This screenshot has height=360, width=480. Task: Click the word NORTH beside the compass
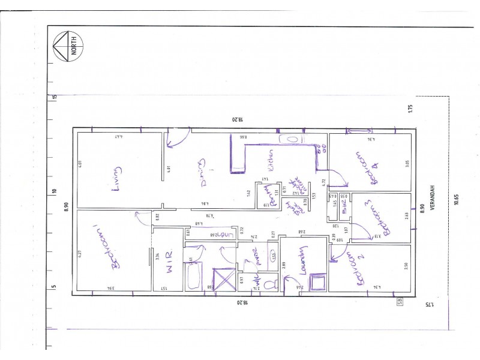(74, 44)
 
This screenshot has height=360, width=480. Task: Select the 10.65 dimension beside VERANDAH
(457, 197)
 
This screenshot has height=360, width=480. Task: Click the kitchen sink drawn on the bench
(292, 139)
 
